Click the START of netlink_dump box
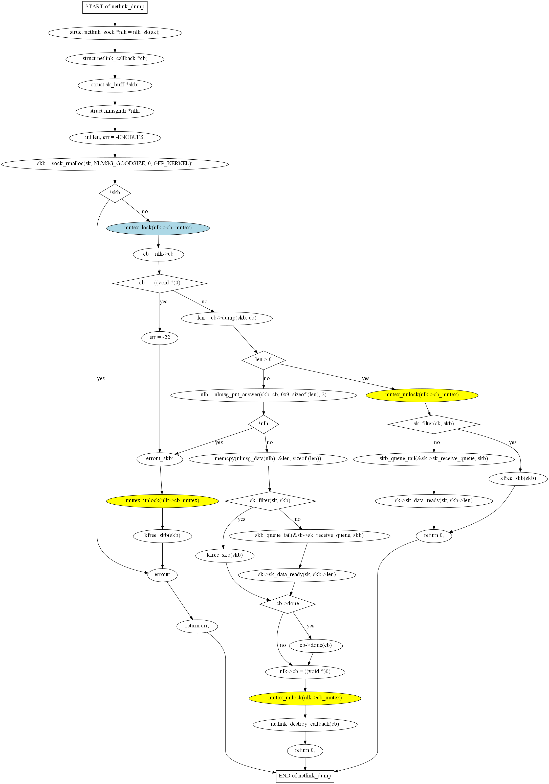point(115,7)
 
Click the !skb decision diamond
point(115,193)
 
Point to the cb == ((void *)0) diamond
point(160,283)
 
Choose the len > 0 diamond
point(263,360)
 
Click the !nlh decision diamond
point(263,424)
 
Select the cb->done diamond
point(288,604)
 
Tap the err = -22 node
point(160,338)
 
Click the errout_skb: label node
point(160,459)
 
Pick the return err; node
point(197,626)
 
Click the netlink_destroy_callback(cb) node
point(305,724)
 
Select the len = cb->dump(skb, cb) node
point(227,318)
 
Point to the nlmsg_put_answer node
point(263,395)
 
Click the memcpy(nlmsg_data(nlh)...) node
point(268,459)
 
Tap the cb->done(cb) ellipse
point(316,645)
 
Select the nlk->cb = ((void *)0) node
point(305,672)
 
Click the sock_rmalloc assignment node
point(115,164)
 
